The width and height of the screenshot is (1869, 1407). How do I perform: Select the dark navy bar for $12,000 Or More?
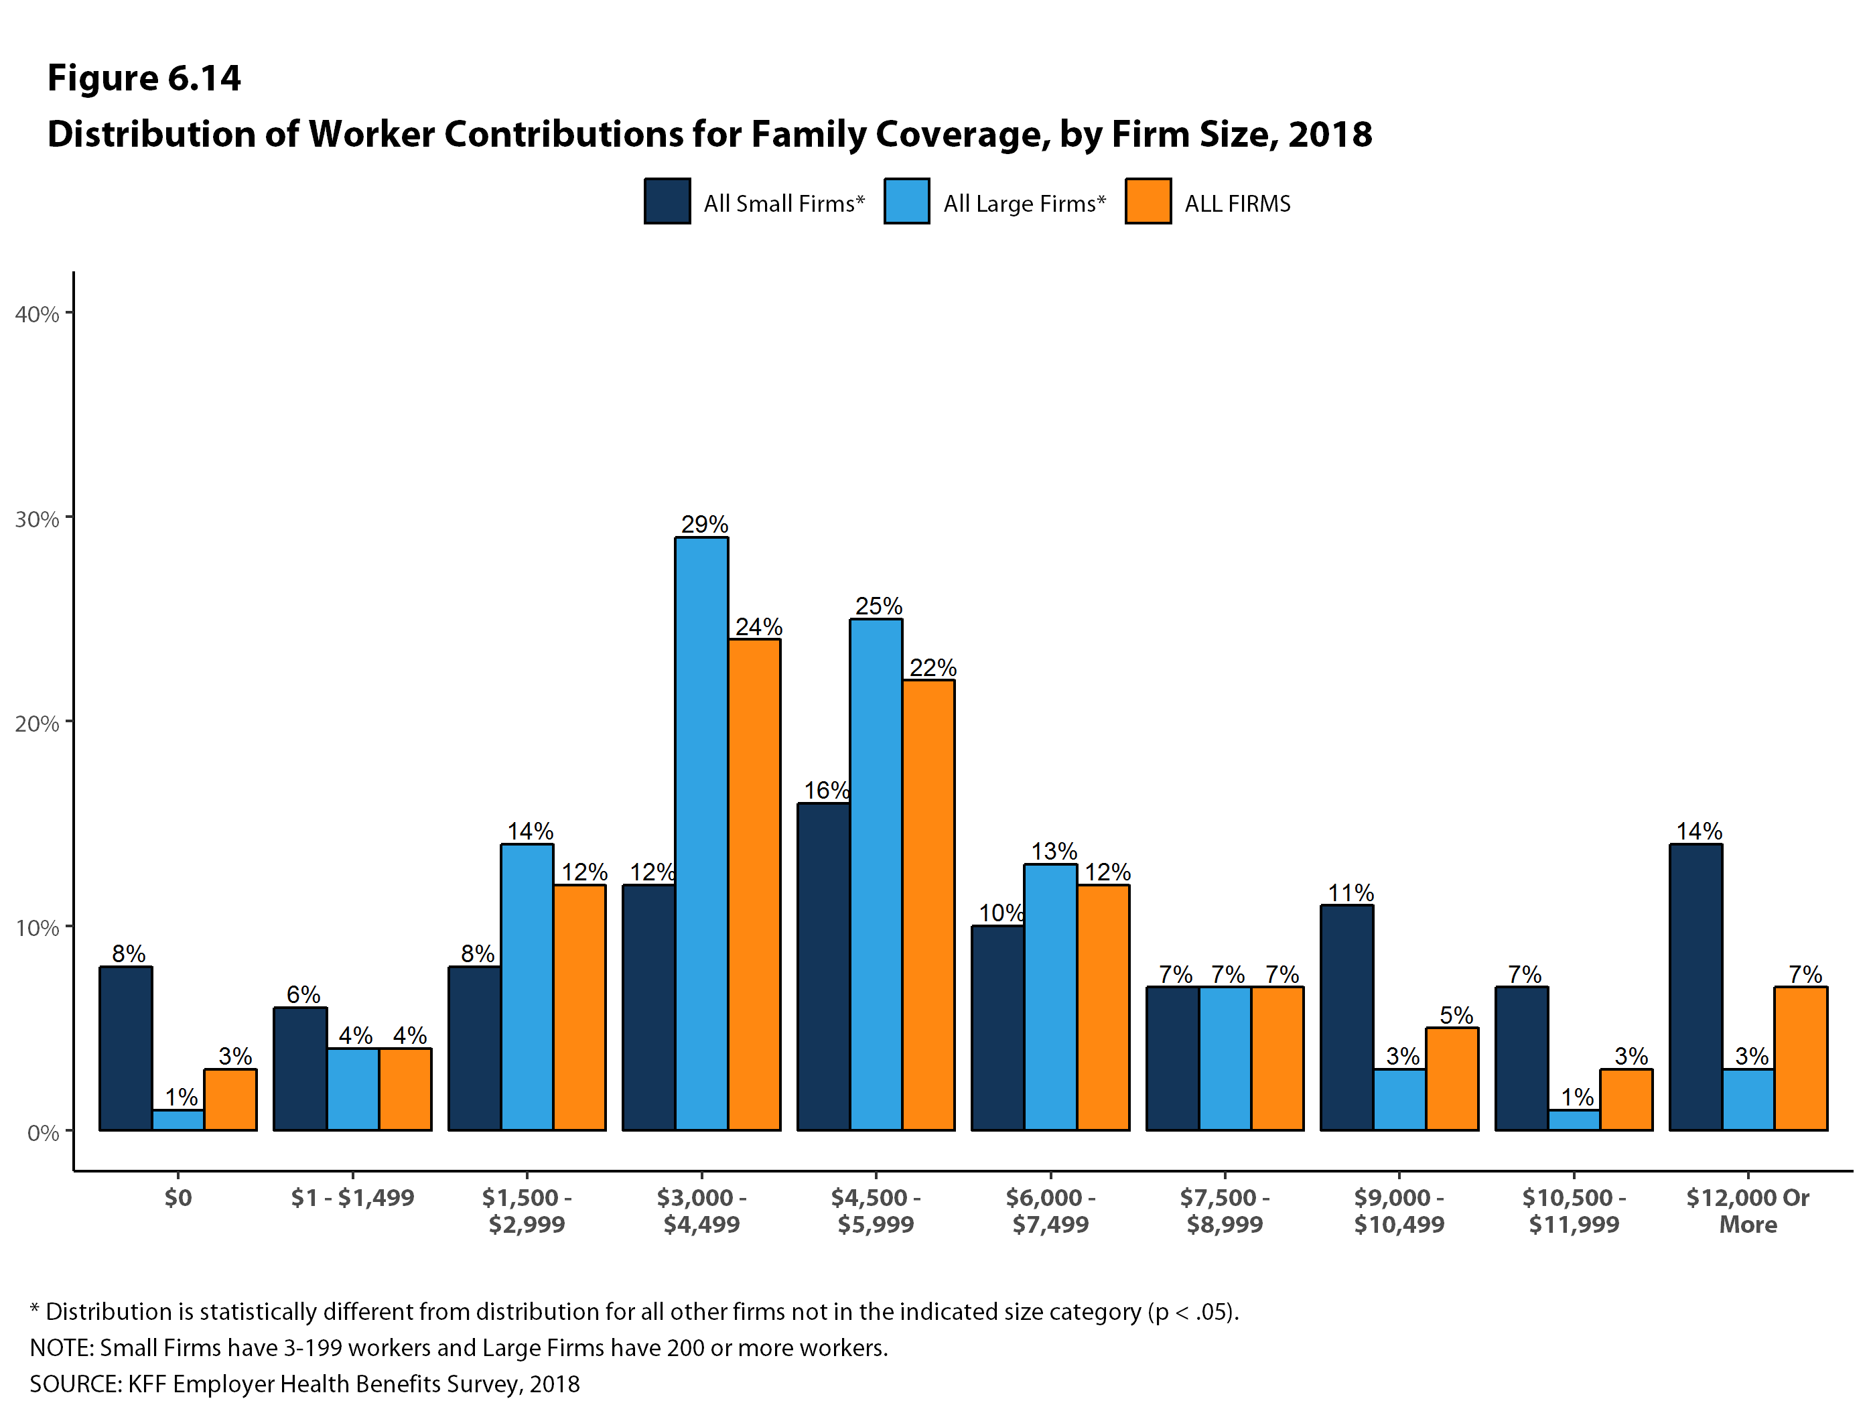click(1695, 987)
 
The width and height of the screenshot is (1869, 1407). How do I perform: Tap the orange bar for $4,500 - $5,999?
click(928, 904)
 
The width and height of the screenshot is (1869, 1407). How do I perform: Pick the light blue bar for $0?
click(178, 1120)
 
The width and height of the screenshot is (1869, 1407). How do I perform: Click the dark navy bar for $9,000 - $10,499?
click(1347, 1018)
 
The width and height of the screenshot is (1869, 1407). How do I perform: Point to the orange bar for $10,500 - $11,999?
click(1626, 1099)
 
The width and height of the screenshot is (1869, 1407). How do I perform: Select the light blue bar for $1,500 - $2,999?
click(527, 987)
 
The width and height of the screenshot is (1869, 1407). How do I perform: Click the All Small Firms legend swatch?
click(667, 201)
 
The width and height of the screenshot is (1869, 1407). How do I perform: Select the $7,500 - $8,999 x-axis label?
click(1225, 1210)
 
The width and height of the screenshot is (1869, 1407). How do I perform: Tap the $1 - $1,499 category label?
click(352, 1197)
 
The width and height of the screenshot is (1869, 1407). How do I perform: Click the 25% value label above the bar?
click(879, 606)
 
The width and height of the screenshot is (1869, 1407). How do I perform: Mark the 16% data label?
click(825, 790)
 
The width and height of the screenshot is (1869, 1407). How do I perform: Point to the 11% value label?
click(1351, 892)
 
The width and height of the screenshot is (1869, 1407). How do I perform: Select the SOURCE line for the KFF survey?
click(304, 1384)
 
